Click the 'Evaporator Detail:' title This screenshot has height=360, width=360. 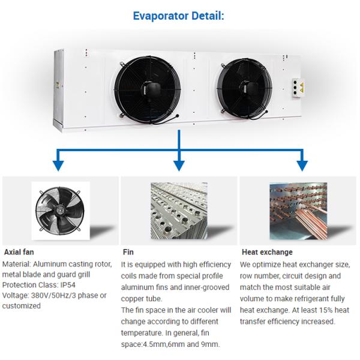179,16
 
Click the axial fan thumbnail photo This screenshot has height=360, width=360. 60,211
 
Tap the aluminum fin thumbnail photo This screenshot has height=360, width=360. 178,211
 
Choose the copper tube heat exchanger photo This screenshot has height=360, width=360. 298,211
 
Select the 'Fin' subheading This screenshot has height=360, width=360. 128,252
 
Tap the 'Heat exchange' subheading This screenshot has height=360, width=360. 267,252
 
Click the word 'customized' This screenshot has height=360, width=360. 22,305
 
